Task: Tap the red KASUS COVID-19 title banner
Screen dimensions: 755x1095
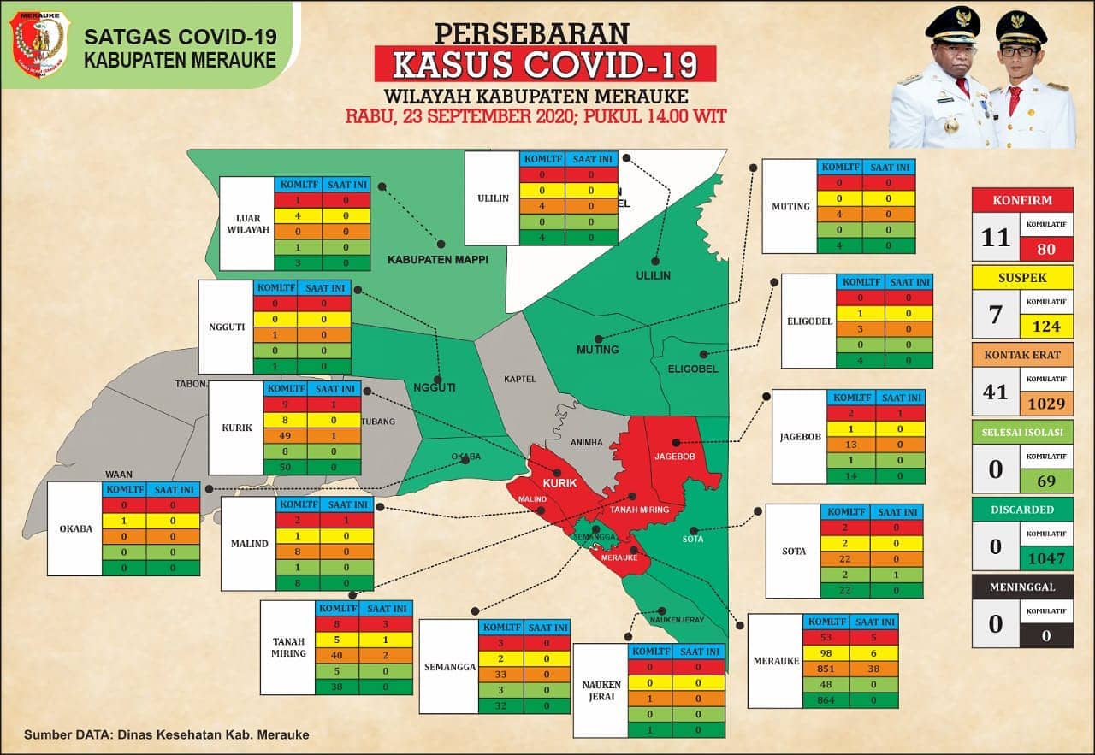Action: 545,64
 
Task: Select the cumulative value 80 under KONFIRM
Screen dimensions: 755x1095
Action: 1045,250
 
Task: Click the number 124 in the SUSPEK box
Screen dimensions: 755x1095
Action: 1045,326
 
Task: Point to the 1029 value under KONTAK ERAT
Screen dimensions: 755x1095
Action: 1045,404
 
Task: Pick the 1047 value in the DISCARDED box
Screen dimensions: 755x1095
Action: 1045,559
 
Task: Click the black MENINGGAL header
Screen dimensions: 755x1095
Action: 1022,587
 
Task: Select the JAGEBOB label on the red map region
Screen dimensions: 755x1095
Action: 674,457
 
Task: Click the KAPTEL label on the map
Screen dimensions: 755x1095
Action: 519,378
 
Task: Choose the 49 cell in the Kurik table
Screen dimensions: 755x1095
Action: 287,435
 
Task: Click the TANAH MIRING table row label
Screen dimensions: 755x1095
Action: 288,647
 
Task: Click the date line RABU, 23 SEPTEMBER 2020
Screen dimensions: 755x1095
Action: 536,116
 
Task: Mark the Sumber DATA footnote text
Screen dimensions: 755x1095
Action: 166,734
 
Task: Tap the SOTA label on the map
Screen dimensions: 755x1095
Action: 692,539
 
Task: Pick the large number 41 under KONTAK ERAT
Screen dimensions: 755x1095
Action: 995,391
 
